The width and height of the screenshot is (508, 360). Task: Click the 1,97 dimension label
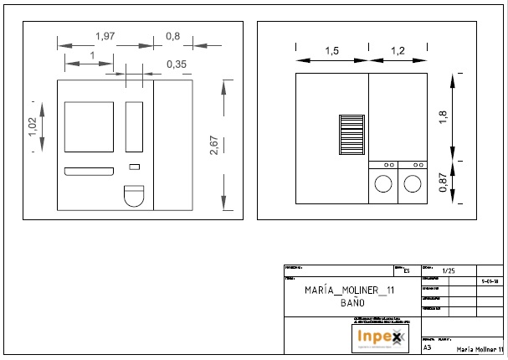tap(105, 36)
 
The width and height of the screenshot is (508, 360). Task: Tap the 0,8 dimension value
tap(173, 36)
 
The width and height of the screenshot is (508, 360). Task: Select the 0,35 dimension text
tap(176, 64)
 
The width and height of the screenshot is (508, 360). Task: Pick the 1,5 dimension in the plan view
tap(331, 52)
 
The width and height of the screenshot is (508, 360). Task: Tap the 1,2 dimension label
tap(398, 52)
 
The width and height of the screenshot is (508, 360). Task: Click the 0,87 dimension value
tap(443, 182)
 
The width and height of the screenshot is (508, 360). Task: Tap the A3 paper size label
tap(428, 347)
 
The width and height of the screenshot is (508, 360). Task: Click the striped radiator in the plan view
tap(350, 135)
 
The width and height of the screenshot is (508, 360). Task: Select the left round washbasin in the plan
tap(383, 183)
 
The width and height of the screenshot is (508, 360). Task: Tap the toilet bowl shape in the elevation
tap(134, 196)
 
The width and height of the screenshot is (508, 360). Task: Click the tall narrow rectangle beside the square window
tap(134, 126)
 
